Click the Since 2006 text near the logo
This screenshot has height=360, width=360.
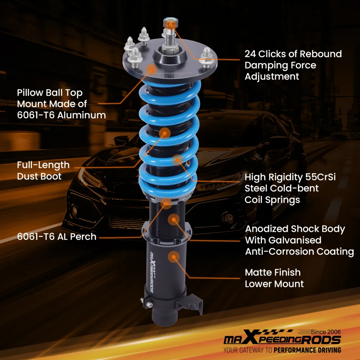[x=325, y=332]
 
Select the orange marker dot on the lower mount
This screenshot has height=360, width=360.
[x=174, y=257]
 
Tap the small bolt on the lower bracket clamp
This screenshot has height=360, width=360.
[x=150, y=305]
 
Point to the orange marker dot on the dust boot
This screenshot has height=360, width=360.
[x=165, y=133]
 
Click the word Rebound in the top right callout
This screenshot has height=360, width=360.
[x=321, y=54]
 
